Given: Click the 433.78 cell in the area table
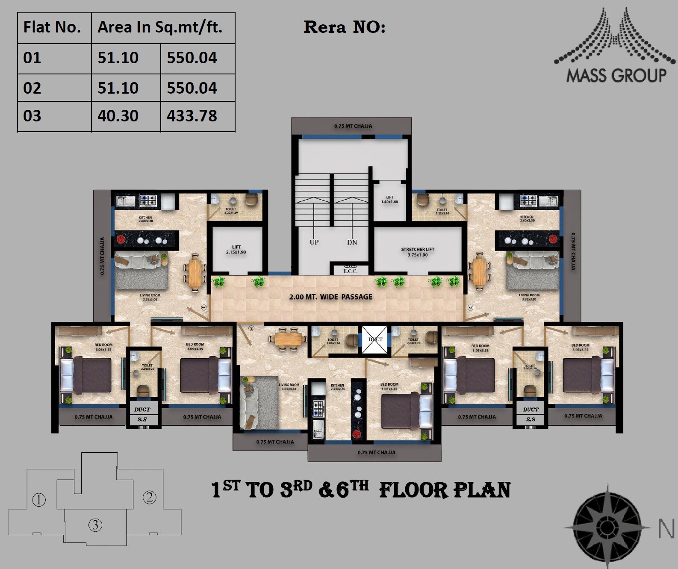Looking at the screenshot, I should coord(192,116).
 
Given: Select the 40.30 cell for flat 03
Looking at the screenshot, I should coord(118,116).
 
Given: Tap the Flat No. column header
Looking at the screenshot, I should coord(52,27).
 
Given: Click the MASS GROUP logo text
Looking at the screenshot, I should coord(616,76).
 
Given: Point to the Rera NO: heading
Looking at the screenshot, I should coord(344,27).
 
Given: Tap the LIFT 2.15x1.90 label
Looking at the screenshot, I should coord(236,250).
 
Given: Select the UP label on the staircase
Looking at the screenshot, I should coord(314,242).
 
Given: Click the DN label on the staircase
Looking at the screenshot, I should coord(352,242).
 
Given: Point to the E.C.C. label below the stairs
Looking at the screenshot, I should coord(350,271).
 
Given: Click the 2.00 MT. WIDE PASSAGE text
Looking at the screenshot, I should coord(330,297).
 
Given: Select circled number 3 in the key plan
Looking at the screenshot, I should coord(95,525).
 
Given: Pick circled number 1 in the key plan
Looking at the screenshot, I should coord(39,499).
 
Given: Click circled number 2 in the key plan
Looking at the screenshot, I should coord(149,497).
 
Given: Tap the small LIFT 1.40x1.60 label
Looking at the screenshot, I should coord(389,200).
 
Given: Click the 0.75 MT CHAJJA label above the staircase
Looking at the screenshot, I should coord(353,126).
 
